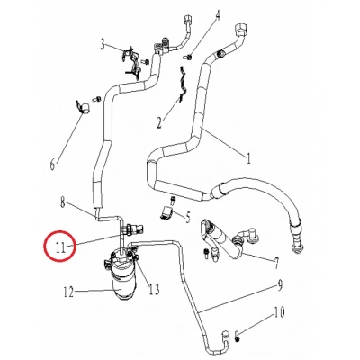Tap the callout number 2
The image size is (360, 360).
pyautogui.click(x=162, y=121)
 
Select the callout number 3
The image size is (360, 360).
pyautogui.click(x=103, y=44)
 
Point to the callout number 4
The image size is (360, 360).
pyautogui.click(x=217, y=15)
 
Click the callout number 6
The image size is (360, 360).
pyautogui.click(x=52, y=164)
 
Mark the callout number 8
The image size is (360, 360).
pyautogui.click(x=62, y=201)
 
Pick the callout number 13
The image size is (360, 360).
pyautogui.click(x=154, y=289)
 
